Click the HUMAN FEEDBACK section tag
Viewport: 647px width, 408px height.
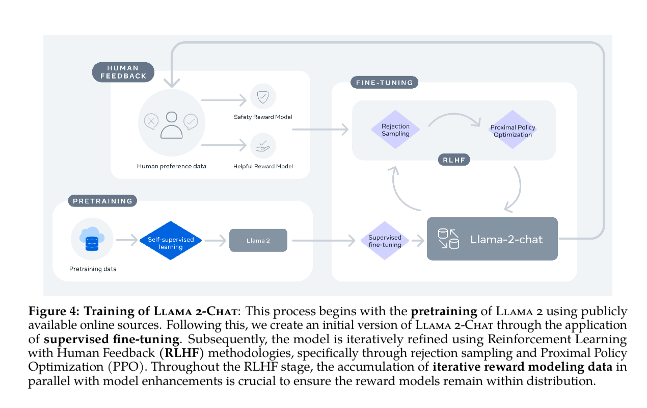[x=123, y=72]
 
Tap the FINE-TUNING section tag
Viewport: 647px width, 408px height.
[x=384, y=82]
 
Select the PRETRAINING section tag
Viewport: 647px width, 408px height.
[x=102, y=200]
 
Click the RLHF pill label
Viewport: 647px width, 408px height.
[x=453, y=160]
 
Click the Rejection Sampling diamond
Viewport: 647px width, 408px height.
[x=396, y=130]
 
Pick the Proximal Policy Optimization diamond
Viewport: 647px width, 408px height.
[x=513, y=131]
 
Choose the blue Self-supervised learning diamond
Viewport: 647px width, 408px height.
[x=171, y=240]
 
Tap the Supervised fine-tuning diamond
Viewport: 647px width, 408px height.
[x=385, y=241]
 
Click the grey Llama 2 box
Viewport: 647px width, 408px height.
[x=258, y=240]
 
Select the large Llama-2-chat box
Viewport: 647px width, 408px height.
[x=492, y=239]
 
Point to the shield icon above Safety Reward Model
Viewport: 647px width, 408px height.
[x=263, y=97]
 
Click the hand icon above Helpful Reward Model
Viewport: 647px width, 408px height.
[x=263, y=146]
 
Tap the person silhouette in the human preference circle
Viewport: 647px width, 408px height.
[x=171, y=125]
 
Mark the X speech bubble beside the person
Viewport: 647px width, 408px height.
[x=151, y=121]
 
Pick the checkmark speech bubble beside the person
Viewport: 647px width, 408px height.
[x=191, y=121]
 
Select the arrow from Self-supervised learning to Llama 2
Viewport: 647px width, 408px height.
[x=215, y=240]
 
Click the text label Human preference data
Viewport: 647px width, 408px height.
[x=171, y=166]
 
